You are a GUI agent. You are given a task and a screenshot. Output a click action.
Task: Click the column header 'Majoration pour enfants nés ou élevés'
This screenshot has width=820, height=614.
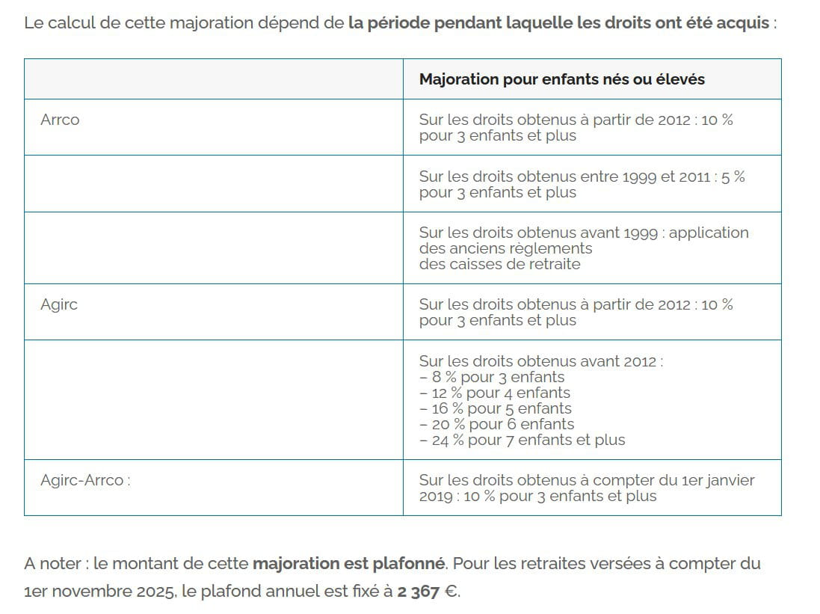pyautogui.click(x=561, y=79)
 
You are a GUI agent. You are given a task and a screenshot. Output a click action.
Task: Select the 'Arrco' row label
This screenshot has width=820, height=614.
pyautogui.click(x=60, y=120)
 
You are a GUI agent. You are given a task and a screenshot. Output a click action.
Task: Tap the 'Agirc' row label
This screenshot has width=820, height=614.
pyautogui.click(x=59, y=304)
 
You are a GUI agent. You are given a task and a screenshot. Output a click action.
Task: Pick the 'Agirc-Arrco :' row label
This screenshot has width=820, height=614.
pyautogui.click(x=85, y=480)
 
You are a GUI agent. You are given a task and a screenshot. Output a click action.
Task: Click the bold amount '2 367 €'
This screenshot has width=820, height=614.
pyautogui.click(x=428, y=592)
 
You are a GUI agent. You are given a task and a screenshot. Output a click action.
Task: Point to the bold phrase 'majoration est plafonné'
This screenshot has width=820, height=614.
pyautogui.click(x=349, y=563)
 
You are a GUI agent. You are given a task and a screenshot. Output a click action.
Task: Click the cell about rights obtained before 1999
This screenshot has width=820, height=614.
pyautogui.click(x=584, y=248)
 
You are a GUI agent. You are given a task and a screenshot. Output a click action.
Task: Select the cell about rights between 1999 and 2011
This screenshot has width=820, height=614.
pyautogui.click(x=582, y=184)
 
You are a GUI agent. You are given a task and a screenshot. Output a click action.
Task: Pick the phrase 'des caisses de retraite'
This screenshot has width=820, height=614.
pyautogui.click(x=499, y=264)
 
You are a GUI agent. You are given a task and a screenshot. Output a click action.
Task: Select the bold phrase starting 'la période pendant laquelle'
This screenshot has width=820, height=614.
pyautogui.click(x=558, y=22)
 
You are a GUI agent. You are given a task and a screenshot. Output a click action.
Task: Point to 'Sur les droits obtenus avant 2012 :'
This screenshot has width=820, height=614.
pyautogui.click(x=541, y=361)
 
